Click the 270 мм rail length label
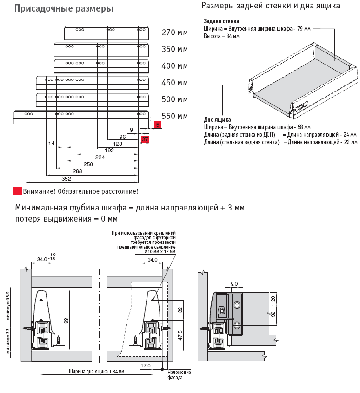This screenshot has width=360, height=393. point(174,33)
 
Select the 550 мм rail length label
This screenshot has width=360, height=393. point(174,116)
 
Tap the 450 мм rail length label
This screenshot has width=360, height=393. point(174,83)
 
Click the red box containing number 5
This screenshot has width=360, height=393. point(158,125)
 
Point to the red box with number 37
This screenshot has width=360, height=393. point(145,139)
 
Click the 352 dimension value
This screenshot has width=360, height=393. point(67,179)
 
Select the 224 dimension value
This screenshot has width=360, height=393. point(100,157)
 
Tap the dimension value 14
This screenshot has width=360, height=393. point(51,144)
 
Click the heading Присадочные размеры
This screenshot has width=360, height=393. point(64,9)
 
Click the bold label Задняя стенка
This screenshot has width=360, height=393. point(221,21)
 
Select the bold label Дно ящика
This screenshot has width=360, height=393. point(217,119)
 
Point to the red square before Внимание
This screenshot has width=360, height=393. point(18,191)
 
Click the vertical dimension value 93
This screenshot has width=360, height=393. point(67,321)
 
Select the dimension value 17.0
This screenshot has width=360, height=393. point(146,366)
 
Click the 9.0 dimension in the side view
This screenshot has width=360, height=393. point(234,284)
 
